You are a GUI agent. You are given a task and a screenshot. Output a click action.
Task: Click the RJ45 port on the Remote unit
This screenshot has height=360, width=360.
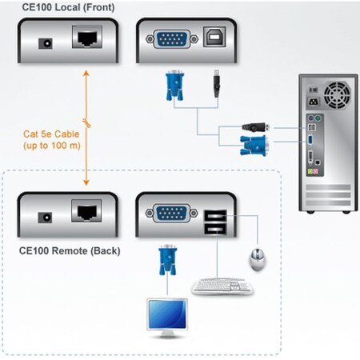pyautogui.click(x=87, y=212)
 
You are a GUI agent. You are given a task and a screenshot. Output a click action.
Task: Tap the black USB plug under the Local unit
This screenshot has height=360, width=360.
pyautogui.click(x=217, y=84)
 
